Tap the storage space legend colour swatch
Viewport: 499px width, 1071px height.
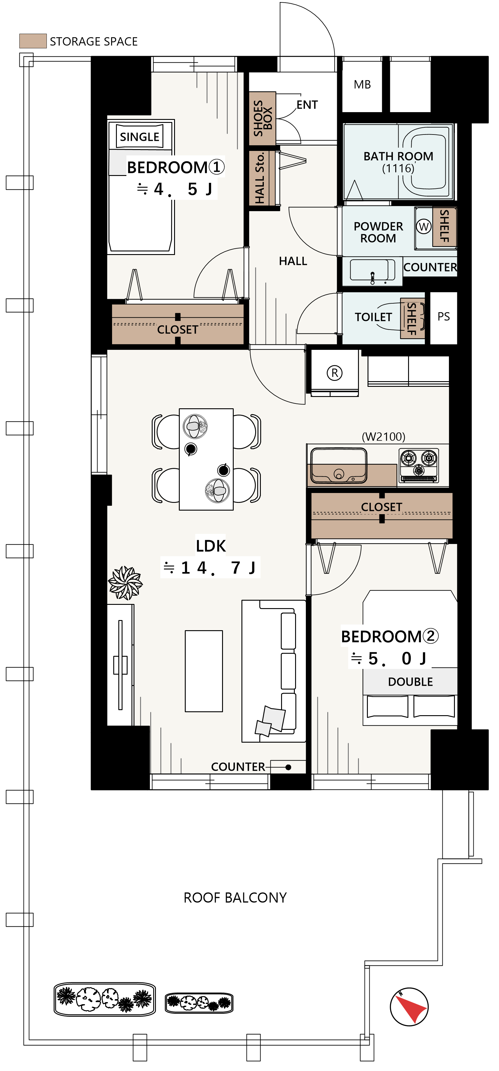[x=33, y=41]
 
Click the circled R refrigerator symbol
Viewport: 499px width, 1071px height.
[x=334, y=373]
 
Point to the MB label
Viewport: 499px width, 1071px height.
[x=362, y=85]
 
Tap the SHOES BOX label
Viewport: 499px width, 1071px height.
[x=263, y=118]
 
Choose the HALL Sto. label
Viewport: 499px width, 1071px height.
[x=260, y=178]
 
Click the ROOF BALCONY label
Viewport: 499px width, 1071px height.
[x=235, y=898]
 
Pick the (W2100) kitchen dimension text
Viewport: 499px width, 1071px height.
[x=384, y=437]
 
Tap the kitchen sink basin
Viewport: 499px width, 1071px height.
[x=339, y=465]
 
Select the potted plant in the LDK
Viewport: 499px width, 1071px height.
[x=125, y=583]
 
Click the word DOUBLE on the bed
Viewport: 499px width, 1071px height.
[x=410, y=682]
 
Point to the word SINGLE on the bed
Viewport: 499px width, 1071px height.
[x=140, y=137]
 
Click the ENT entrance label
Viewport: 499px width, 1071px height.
[x=307, y=105]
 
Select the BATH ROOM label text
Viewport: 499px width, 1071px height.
[x=399, y=156]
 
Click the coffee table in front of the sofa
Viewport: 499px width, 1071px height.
[x=204, y=671]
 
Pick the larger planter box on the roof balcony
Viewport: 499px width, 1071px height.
[x=105, y=999]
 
